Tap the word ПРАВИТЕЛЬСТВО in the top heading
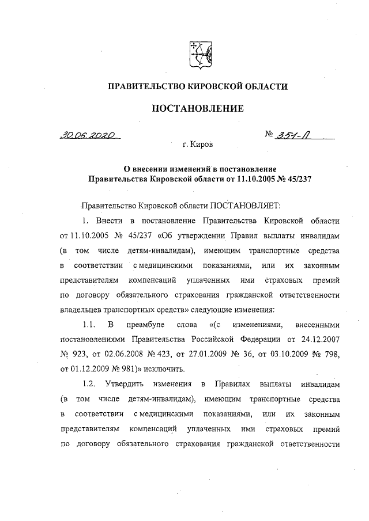pyautogui.click(x=148, y=86)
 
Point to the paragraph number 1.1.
pyautogui.click(x=89, y=323)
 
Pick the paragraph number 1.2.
pyautogui.click(x=89, y=383)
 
